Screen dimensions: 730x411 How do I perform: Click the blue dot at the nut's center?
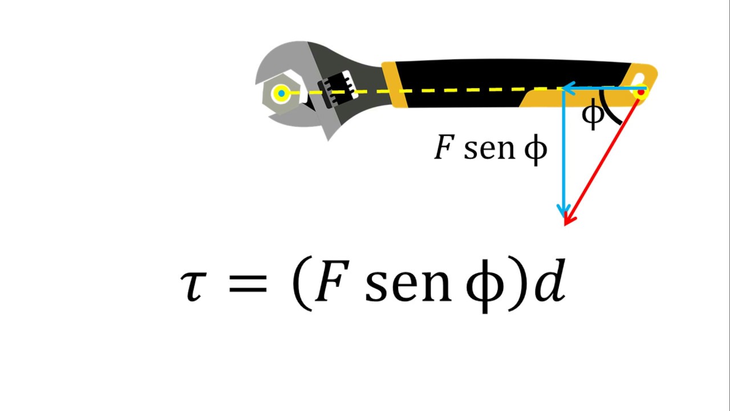click(282, 94)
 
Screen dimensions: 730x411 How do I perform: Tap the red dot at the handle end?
click(641, 92)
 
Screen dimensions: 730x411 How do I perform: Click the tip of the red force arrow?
click(565, 225)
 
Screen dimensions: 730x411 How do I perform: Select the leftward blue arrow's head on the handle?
click(567, 88)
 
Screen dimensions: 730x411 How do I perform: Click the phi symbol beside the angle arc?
click(593, 114)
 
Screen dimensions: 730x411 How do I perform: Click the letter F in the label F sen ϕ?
click(444, 147)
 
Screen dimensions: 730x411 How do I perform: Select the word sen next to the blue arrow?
click(489, 150)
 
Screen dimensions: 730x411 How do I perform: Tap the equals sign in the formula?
click(248, 283)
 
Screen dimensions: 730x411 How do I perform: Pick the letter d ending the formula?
click(550, 280)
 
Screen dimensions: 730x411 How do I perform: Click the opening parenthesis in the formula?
click(302, 283)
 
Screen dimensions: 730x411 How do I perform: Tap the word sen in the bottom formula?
click(408, 285)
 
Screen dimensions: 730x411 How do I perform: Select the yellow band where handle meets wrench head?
click(394, 84)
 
